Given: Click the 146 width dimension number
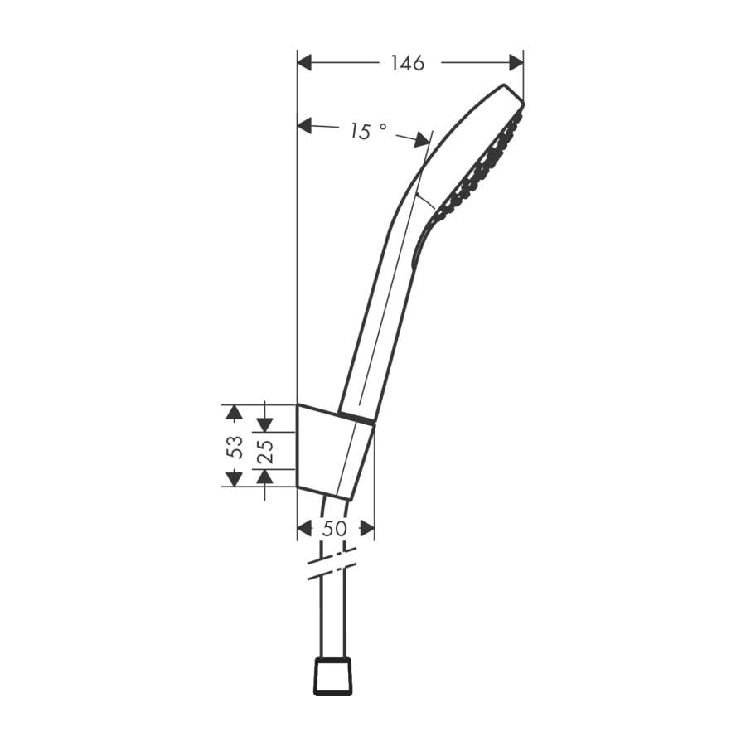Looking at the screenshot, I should click(407, 63).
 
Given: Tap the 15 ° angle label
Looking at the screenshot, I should click(367, 131).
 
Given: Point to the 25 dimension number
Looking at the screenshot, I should click(265, 450).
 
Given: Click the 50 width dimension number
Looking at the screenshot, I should click(335, 528).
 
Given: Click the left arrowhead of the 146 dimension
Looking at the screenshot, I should click(304, 62).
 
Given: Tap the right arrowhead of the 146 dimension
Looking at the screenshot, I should click(516, 62).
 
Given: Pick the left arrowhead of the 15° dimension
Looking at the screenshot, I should click(304, 125).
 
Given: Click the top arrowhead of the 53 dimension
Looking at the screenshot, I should click(234, 413).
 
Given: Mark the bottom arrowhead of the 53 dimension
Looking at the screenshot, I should click(234, 477).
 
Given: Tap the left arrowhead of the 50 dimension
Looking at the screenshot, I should click(304, 528).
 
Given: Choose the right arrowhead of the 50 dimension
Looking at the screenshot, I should click(366, 528).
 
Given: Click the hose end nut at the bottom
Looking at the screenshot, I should click(332, 676).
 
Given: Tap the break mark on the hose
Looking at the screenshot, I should click(332, 563).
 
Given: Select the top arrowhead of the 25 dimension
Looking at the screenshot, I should click(264, 424).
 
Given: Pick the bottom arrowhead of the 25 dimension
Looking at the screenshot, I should click(264, 477).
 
